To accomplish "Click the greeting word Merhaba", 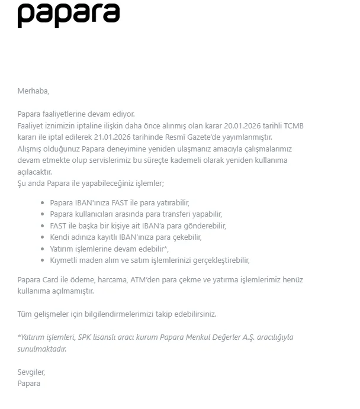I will click(x=33, y=91).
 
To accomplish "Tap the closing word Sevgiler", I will click(x=31, y=372).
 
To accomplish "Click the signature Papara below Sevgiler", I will click(x=29, y=384).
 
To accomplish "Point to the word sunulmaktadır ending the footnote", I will click(x=41, y=349).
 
